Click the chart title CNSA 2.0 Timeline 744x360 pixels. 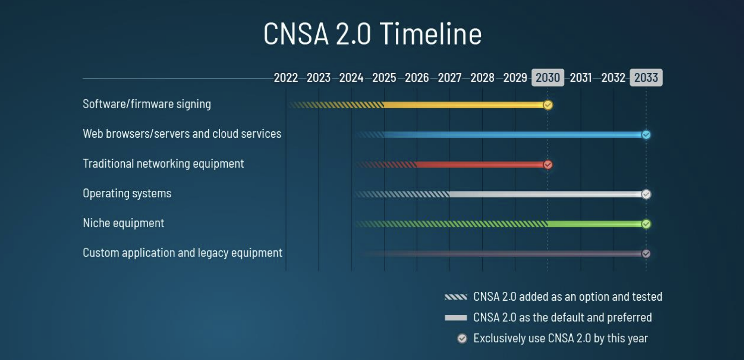coord(372,34)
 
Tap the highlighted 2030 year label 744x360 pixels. coord(548,78)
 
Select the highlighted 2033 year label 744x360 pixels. coord(646,78)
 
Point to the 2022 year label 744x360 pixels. coord(286,78)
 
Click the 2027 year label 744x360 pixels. coord(450,78)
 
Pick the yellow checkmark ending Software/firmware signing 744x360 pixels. coord(548,105)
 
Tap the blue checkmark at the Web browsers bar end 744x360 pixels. coord(646,135)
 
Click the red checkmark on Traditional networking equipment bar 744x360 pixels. coord(548,164)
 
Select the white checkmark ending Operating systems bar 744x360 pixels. coord(646,194)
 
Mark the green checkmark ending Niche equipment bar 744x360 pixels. coord(646,224)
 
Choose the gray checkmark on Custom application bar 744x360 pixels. coord(646,253)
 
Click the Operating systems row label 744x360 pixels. coord(127,193)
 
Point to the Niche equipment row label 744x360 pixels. coord(123,223)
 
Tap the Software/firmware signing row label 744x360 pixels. coord(147,104)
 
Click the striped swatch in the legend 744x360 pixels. coord(456,297)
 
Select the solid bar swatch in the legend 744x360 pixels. coord(456,318)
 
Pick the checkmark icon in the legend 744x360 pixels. coord(462,338)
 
